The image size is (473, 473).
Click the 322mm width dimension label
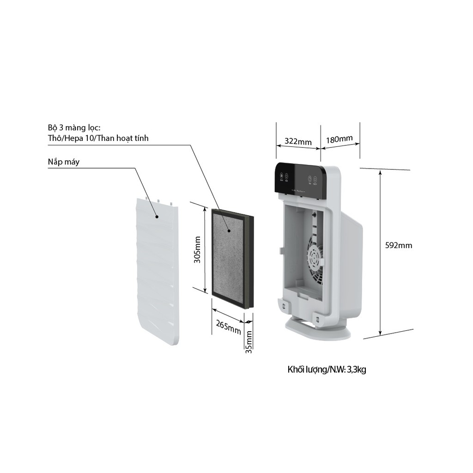tap(298, 141)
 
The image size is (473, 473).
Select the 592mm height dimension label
tap(398, 245)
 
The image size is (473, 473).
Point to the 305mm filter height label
tap(197, 249)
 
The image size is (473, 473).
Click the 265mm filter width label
tap(228, 327)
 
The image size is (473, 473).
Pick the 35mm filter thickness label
tap(249, 342)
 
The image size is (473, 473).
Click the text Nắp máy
tap(63, 162)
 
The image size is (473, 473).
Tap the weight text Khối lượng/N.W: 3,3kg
tap(327, 370)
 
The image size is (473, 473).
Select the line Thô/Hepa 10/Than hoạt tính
tap(98, 138)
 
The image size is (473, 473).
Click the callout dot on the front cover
tap(157, 216)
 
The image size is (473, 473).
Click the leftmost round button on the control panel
tap(281, 176)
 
